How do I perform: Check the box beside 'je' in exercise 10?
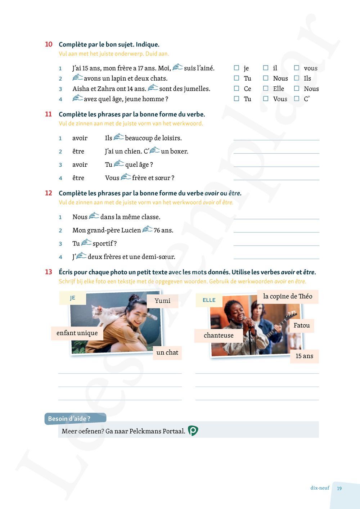tap(237, 68)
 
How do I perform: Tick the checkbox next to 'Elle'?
tap(266, 88)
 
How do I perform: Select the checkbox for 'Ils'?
tap(297, 78)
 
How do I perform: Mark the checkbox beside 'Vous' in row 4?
tap(266, 98)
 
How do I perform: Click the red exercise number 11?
tap(49, 114)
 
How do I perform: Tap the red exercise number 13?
tap(49, 272)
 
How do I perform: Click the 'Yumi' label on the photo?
tap(162, 301)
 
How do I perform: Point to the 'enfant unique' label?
tap(77, 333)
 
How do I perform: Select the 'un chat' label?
tap(167, 352)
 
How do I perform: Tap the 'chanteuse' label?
tap(219, 335)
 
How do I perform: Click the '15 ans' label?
tap(304, 356)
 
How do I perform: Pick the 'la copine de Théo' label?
tap(288, 297)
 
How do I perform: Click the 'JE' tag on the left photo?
tap(73, 298)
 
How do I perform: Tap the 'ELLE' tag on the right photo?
tap(209, 300)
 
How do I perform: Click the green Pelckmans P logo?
tap(193, 431)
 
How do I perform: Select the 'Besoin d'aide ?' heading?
tap(69, 419)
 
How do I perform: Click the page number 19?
tap(339, 488)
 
